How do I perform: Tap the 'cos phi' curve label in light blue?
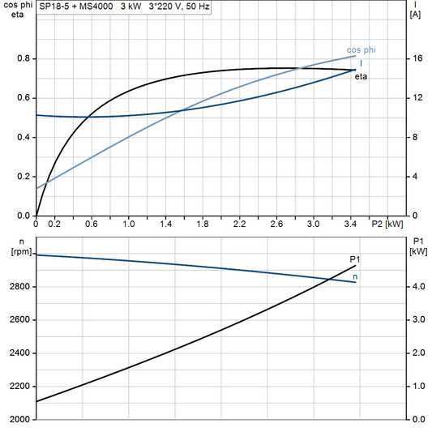click(361, 50)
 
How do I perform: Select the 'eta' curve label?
click(361, 76)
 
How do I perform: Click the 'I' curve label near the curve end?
click(361, 62)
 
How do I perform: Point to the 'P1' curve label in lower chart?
click(354, 259)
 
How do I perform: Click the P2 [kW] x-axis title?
click(387, 224)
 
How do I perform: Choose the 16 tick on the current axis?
click(416, 58)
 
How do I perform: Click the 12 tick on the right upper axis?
click(416, 98)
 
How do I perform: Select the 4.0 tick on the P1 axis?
click(417, 287)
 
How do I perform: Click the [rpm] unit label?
click(15, 252)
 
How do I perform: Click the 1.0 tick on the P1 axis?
click(417, 387)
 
